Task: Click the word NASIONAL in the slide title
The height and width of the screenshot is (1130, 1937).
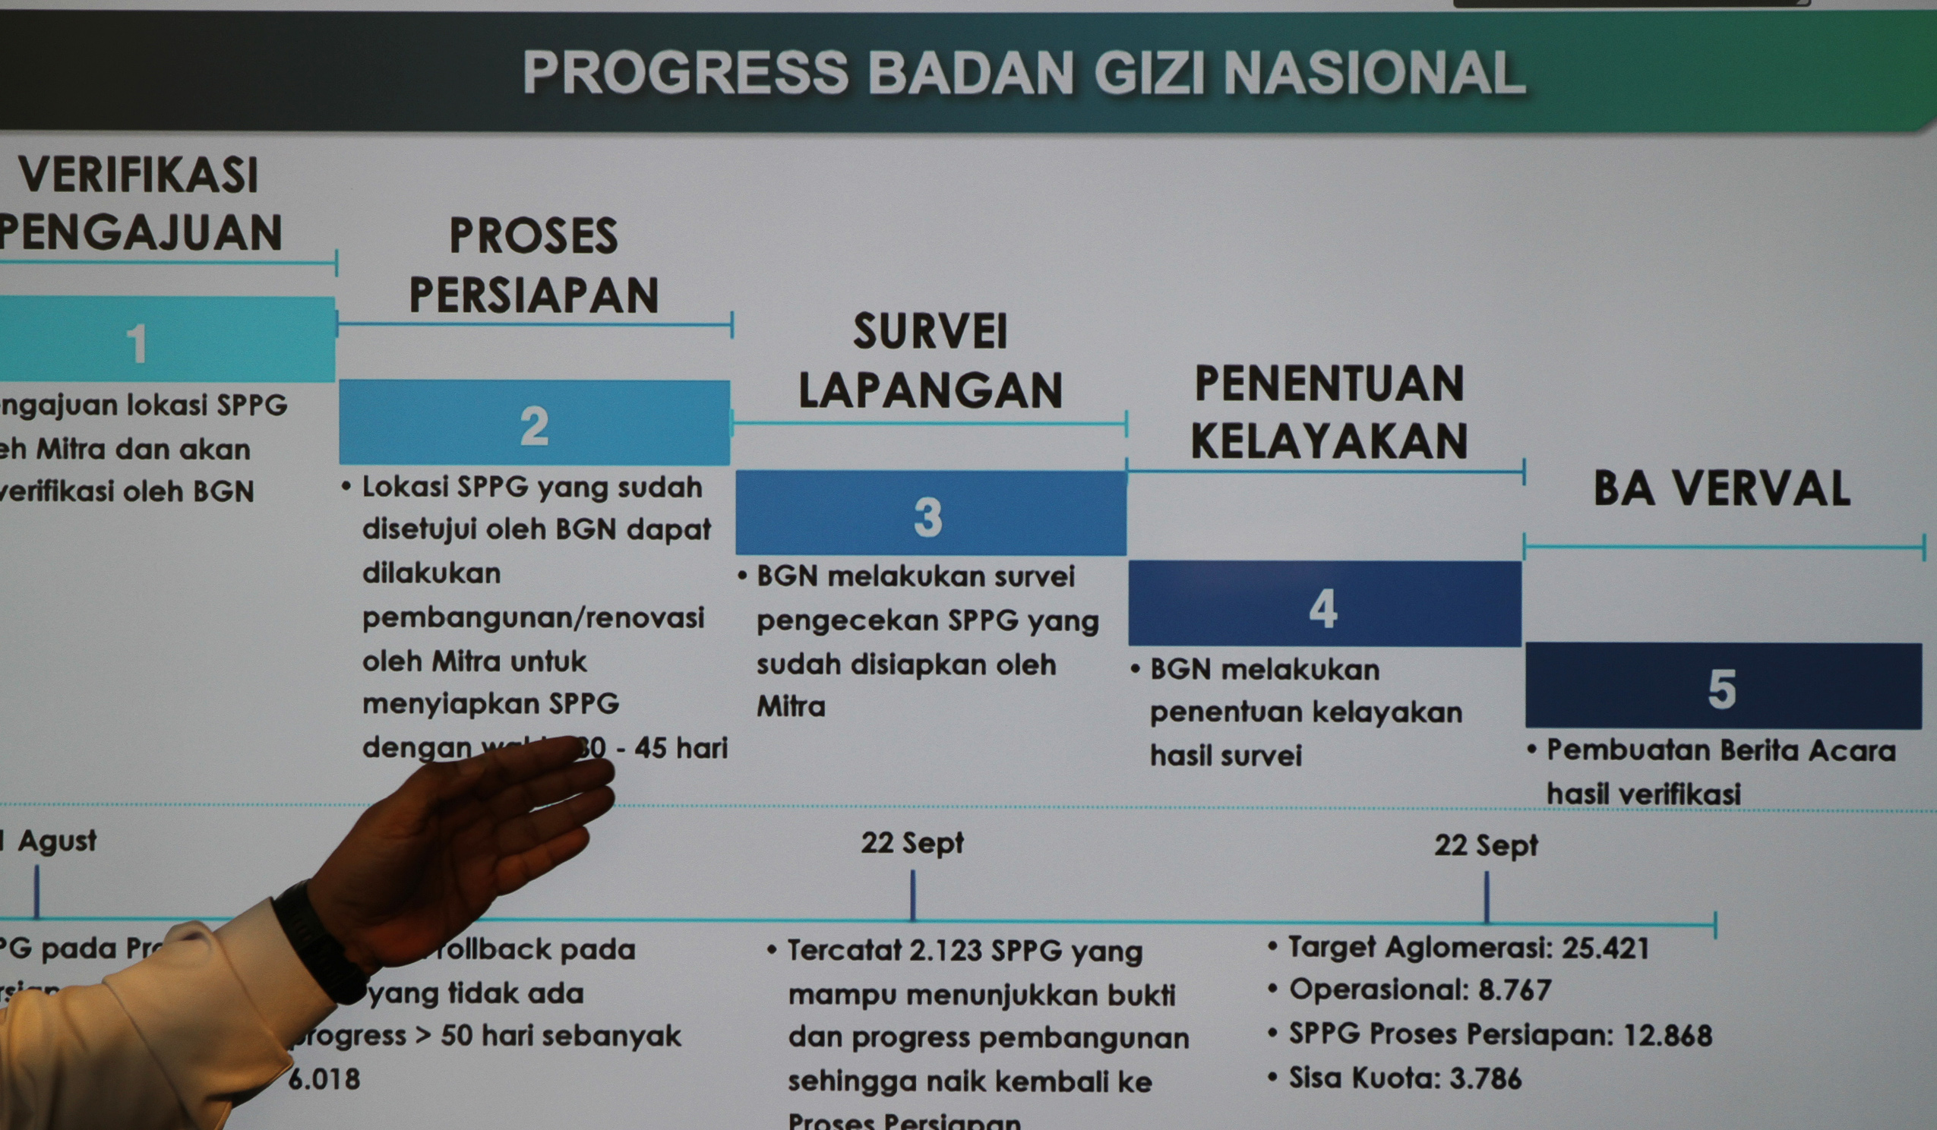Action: pos(1373,73)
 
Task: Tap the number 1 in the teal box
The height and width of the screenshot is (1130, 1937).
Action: pos(137,342)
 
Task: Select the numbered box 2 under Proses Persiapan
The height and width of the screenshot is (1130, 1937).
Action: pos(534,425)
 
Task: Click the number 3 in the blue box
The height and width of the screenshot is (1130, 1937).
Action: pos(927,516)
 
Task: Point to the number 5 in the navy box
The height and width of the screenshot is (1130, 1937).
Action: pos(1722,688)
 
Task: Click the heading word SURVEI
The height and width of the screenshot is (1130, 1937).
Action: pos(930,332)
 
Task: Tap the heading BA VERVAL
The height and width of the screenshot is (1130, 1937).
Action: pos(1722,489)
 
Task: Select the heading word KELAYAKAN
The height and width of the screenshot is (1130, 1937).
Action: pos(1329,441)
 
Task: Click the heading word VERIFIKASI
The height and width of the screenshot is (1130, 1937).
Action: pos(138,175)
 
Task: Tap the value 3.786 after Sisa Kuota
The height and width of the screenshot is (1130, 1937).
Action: pos(1485,1078)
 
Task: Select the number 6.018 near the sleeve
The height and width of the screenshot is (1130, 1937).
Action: pos(324,1079)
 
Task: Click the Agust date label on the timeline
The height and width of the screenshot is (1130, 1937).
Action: pos(56,841)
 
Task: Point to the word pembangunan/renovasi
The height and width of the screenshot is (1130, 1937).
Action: pos(532,617)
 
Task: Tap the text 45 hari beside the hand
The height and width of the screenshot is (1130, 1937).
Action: pos(681,748)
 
